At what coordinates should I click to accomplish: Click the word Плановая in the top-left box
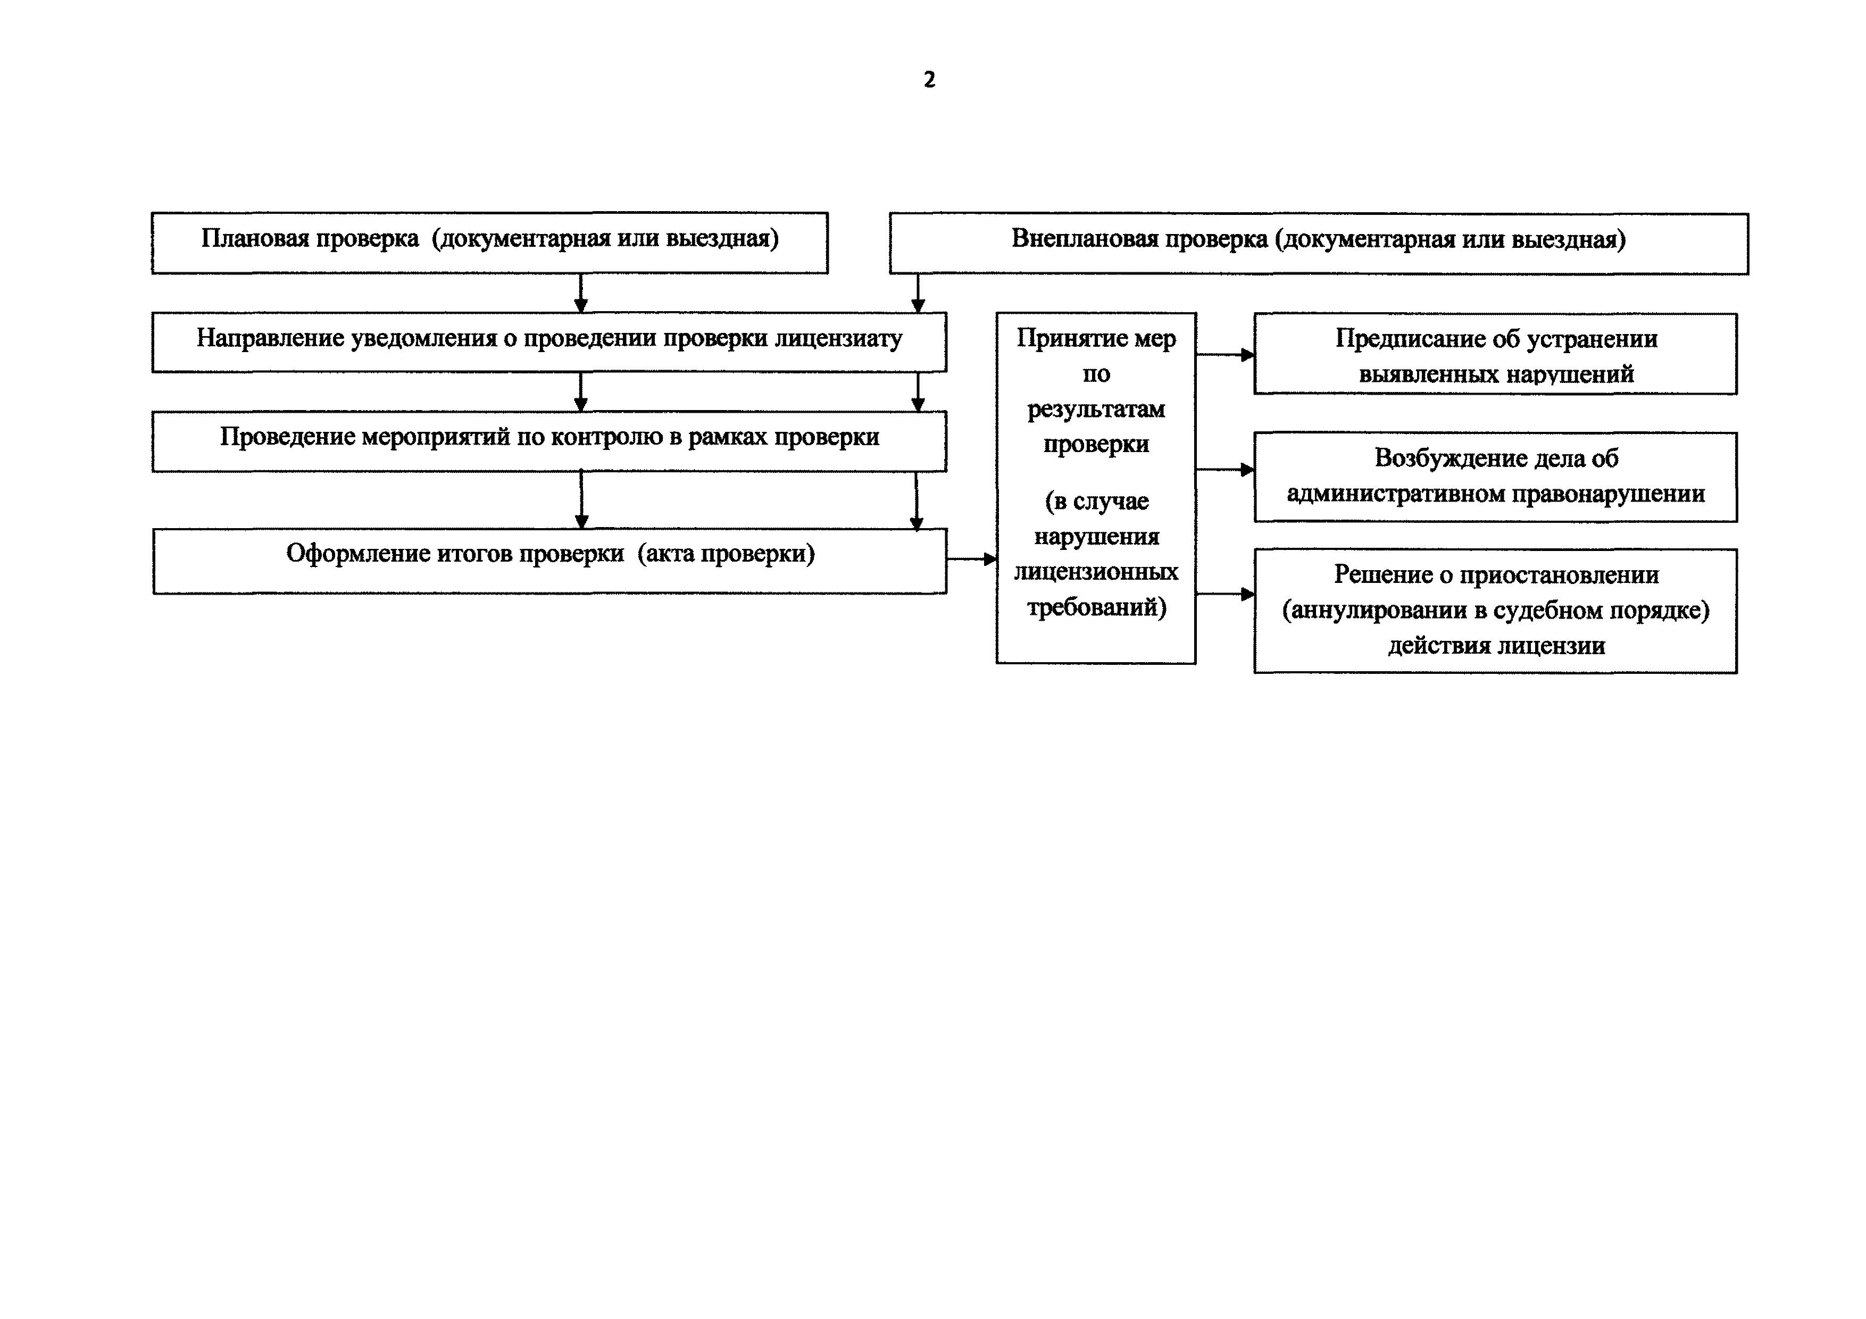coord(255,238)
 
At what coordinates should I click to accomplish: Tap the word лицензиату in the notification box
coord(838,339)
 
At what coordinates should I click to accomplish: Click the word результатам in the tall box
coord(1096,410)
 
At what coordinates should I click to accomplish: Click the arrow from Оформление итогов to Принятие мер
coord(972,559)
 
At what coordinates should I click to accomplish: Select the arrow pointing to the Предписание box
coord(1225,354)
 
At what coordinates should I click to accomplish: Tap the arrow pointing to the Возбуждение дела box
coord(1225,470)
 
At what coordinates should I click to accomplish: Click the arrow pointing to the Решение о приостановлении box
coord(1225,594)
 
